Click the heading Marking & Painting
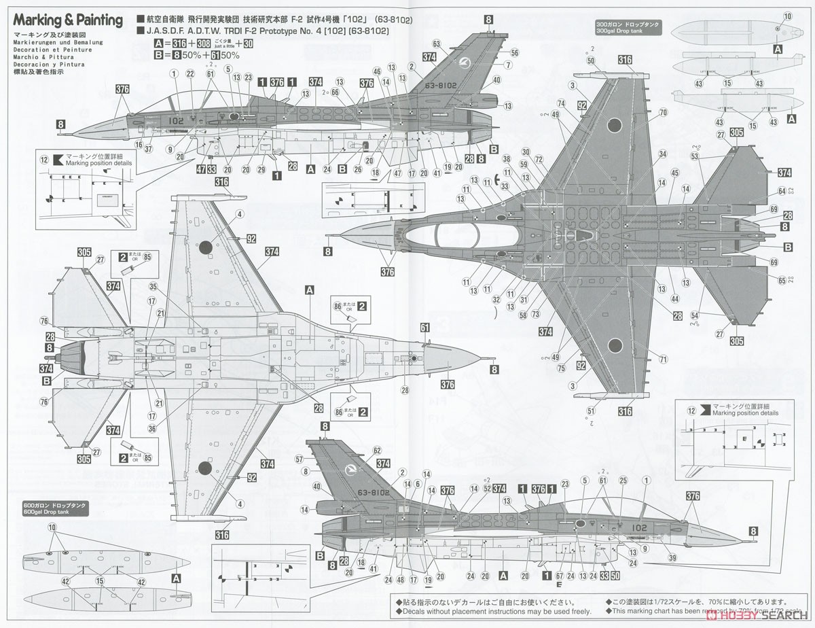click(x=67, y=20)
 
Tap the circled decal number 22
click(x=190, y=73)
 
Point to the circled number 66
click(x=335, y=92)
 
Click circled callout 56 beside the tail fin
click(x=514, y=53)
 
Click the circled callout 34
click(x=662, y=155)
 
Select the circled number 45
click(x=674, y=173)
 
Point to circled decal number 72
click(x=539, y=159)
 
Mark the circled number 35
click(x=153, y=287)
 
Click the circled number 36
click(x=153, y=428)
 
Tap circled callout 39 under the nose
click(x=672, y=557)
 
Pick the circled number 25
click(x=623, y=481)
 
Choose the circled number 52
click(x=487, y=488)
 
